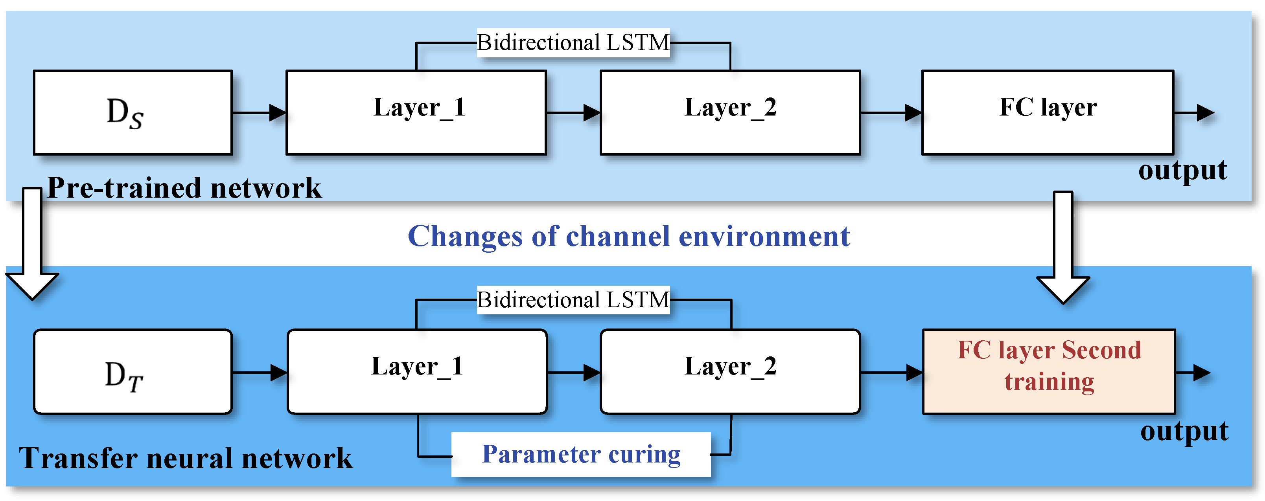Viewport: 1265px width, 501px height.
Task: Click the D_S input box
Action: [133, 112]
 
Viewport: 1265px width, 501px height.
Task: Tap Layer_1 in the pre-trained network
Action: [416, 112]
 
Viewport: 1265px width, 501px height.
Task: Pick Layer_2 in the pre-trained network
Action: [730, 112]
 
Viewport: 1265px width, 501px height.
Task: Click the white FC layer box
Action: [1048, 112]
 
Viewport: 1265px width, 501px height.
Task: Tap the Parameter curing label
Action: [581, 454]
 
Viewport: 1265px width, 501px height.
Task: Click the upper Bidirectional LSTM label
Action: [573, 43]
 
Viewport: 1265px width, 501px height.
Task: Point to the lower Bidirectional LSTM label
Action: [573, 300]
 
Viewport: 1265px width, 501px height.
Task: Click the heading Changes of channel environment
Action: [629, 237]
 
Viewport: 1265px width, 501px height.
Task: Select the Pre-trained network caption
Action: [184, 188]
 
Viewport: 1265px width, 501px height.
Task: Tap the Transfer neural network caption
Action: [186, 458]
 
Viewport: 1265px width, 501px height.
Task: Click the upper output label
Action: [1182, 170]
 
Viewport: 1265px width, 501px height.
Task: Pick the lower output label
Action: [1184, 431]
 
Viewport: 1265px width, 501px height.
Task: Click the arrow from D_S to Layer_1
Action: [259, 113]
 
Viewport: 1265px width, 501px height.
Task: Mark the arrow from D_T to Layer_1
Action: [259, 373]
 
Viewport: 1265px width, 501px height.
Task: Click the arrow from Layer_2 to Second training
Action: [891, 373]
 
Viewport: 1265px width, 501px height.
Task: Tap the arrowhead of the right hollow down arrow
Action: [1063, 290]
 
